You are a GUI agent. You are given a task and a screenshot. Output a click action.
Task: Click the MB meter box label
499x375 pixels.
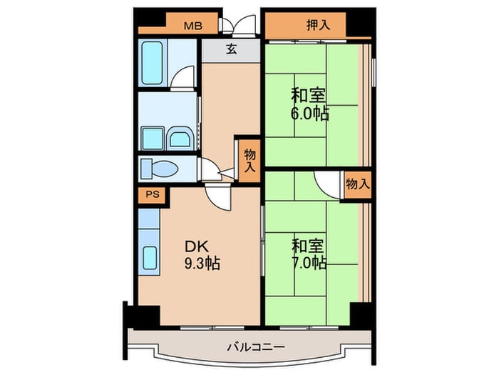point(193,26)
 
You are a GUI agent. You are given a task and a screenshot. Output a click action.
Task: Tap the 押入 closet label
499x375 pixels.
point(318,25)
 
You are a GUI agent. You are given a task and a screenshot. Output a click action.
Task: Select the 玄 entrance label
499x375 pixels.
point(232,49)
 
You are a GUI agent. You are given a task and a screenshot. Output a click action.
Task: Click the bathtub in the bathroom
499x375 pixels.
point(152,63)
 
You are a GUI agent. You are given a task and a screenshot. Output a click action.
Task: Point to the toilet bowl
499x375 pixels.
point(163,168)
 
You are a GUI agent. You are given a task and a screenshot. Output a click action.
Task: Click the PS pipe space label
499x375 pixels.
point(153,194)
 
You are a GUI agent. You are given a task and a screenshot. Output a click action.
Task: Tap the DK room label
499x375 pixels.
point(197,246)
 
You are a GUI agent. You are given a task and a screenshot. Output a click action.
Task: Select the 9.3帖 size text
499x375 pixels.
point(202,264)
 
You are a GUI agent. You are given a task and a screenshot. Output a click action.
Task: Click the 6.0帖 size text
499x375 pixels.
point(309,114)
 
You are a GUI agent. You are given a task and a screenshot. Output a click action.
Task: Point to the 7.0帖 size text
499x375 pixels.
point(309,263)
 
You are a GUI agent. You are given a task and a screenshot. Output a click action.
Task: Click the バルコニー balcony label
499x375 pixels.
point(256,346)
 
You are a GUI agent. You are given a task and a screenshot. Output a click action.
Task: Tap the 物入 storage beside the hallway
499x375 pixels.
point(249,161)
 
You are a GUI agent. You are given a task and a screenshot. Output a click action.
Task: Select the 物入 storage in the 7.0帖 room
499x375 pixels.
point(358,184)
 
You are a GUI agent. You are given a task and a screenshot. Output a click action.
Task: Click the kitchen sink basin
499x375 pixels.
point(150,258)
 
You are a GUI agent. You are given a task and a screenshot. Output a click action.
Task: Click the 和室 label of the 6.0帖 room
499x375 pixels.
point(308,95)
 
